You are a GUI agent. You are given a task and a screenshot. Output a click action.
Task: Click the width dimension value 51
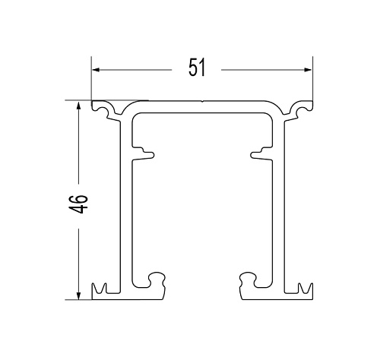(197, 68)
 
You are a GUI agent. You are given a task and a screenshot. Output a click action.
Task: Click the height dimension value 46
(78, 204)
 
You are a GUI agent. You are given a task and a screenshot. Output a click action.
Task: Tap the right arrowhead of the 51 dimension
(308, 70)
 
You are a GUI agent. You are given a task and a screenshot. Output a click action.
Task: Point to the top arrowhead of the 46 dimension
(78, 106)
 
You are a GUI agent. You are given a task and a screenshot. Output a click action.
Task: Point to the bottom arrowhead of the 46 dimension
(78, 295)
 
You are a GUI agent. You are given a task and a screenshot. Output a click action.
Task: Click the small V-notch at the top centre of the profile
(202, 102)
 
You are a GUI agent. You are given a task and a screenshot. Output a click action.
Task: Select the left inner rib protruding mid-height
(143, 153)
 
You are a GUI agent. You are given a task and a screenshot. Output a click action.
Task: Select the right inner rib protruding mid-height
(261, 153)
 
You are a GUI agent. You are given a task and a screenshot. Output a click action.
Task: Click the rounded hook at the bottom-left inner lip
(157, 279)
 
